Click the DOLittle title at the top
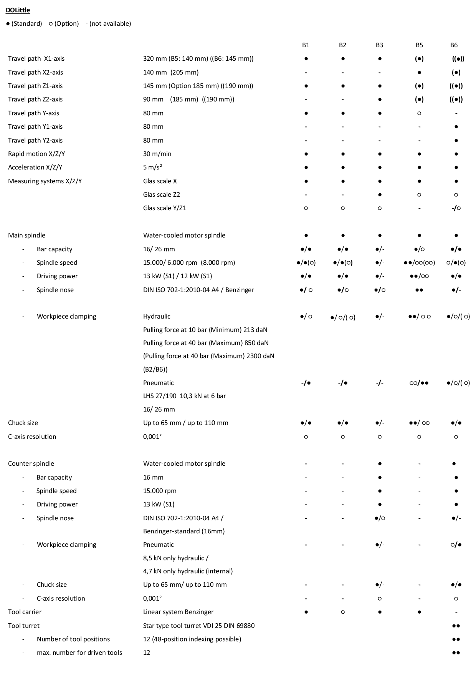(x=18, y=10)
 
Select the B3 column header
(x=379, y=45)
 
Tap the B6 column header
(x=454, y=45)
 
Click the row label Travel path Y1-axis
(x=35, y=126)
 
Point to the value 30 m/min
(x=157, y=154)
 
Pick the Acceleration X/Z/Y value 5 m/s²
(x=152, y=167)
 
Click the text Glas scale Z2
(x=162, y=194)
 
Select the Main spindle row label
(x=26, y=235)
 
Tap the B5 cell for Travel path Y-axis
(x=419, y=113)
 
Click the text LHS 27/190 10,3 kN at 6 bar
(x=184, y=396)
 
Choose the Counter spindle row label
(x=31, y=463)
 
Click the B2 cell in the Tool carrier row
(x=342, y=612)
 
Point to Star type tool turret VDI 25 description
(x=199, y=626)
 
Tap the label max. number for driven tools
(x=79, y=652)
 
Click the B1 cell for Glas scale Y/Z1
(x=306, y=208)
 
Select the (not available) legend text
(x=108, y=23)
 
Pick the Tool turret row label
(x=24, y=626)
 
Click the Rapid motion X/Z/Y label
(x=36, y=154)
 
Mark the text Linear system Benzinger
(x=178, y=612)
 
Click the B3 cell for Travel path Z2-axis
(x=380, y=99)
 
